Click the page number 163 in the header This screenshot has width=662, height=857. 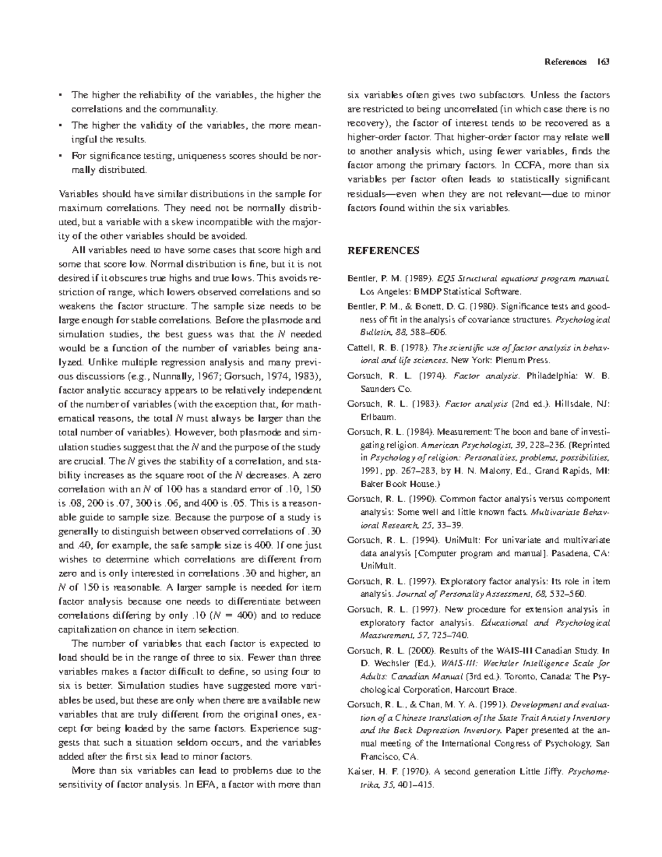coord(602,62)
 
